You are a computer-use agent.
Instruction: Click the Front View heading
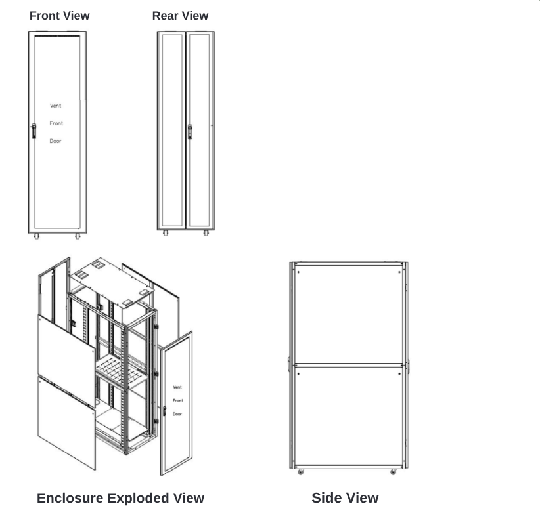(x=60, y=16)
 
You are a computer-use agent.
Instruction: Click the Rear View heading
(x=180, y=16)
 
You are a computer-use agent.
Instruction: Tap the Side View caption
(x=345, y=497)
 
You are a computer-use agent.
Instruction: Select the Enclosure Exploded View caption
(x=120, y=498)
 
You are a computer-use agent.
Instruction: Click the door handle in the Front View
(x=34, y=131)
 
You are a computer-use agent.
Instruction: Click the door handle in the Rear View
(x=190, y=132)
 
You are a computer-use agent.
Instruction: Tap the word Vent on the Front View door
(x=55, y=106)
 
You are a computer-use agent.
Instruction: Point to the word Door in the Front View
(x=55, y=141)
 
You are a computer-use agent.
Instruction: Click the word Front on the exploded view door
(x=178, y=400)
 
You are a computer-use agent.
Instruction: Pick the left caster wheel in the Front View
(x=37, y=236)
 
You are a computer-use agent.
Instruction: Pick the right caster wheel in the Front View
(x=78, y=236)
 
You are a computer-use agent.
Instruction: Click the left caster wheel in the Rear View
(x=166, y=233)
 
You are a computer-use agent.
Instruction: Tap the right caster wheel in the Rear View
(x=206, y=233)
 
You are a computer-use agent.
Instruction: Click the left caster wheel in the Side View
(x=301, y=472)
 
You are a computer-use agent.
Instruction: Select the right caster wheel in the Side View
(x=394, y=472)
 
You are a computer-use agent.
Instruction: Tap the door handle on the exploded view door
(x=165, y=411)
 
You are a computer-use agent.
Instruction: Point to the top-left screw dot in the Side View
(x=298, y=272)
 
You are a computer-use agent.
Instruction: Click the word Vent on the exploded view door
(x=177, y=387)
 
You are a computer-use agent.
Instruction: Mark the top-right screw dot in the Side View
(x=399, y=272)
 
